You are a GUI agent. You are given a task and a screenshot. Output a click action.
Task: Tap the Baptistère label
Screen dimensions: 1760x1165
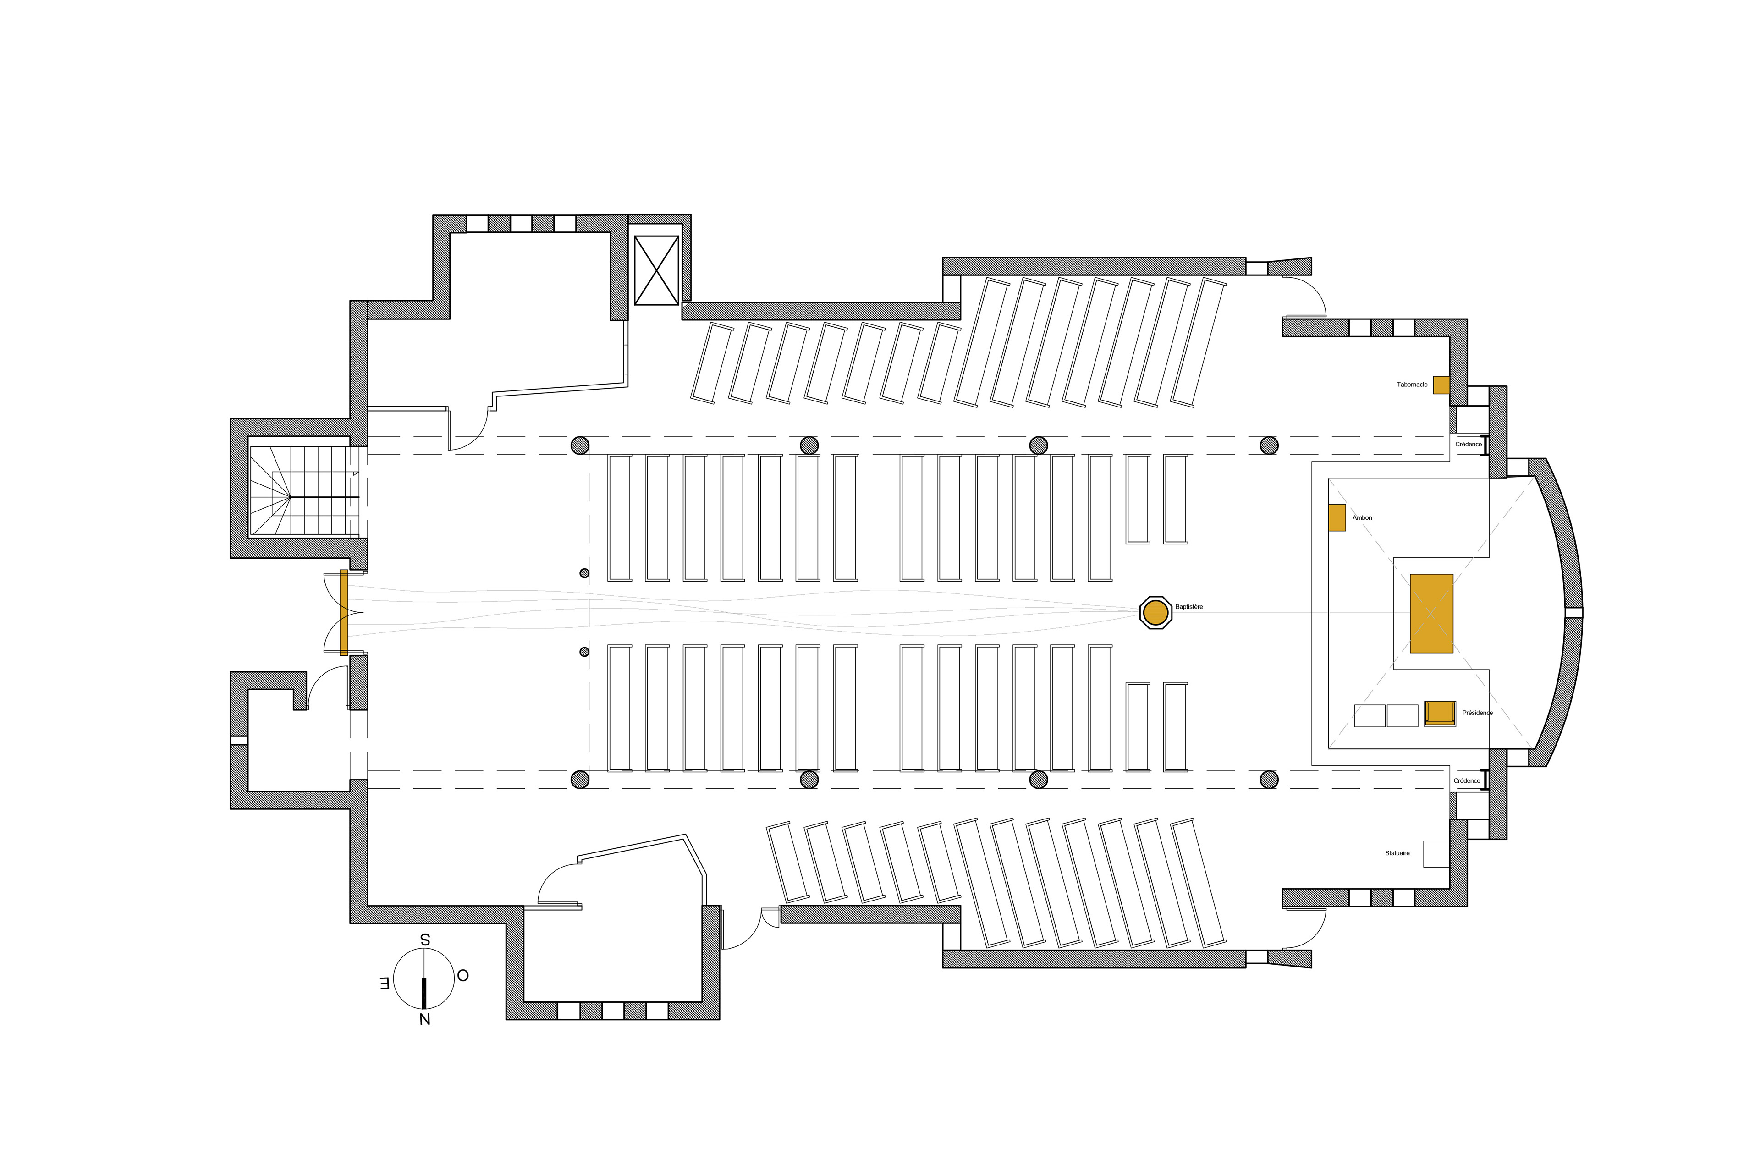tap(1188, 607)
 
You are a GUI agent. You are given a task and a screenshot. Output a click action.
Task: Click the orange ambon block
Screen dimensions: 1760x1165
tap(1336, 517)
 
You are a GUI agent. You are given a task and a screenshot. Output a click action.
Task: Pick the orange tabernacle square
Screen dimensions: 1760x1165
tap(1441, 385)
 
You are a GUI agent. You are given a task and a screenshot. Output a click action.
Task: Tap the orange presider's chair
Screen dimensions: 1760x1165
tap(1439, 713)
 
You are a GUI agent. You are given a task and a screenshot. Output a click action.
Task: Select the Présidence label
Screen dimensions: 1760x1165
tap(1477, 713)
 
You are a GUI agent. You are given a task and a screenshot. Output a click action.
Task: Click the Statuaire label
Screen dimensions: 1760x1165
tap(1397, 853)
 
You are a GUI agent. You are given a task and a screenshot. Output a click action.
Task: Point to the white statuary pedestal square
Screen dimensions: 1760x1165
tap(1435, 854)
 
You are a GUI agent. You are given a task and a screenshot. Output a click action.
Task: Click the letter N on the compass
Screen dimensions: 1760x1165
tap(424, 1019)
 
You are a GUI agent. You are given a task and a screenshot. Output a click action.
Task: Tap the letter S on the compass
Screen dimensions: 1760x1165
tap(425, 940)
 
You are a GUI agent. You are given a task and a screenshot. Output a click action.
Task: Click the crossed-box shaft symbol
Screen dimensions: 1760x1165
tap(656, 270)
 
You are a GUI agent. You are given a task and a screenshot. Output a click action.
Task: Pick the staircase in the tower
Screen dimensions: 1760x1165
tap(305, 490)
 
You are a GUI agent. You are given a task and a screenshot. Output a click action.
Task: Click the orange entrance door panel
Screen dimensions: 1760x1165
tap(343, 612)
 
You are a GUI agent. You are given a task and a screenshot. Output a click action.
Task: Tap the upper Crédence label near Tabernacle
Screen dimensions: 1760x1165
tap(1468, 444)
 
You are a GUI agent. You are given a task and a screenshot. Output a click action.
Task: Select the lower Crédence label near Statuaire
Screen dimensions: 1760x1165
tap(1467, 781)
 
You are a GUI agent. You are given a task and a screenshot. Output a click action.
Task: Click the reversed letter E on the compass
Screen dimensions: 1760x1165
tap(384, 984)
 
